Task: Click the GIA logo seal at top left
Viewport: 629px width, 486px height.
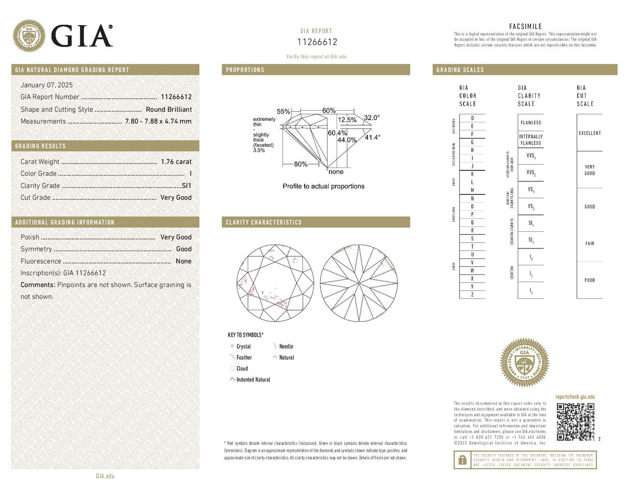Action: point(29,36)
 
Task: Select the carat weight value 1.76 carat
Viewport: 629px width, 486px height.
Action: point(176,161)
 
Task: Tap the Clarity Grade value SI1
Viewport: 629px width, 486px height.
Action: point(186,186)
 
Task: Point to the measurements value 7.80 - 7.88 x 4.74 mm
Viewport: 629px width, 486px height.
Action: point(158,121)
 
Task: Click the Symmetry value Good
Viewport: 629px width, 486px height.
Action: point(183,249)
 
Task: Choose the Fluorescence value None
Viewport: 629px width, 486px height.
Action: point(183,261)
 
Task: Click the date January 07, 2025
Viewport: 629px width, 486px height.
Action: point(46,85)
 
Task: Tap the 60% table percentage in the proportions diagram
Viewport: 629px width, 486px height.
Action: point(329,111)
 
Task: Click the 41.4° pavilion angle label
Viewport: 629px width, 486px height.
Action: point(373,137)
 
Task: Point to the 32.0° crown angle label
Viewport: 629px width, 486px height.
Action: point(372,118)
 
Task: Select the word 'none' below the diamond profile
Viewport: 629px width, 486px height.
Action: point(335,171)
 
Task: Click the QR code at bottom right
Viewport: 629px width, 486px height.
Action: point(576,421)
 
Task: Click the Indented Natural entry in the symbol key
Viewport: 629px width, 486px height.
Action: point(253,380)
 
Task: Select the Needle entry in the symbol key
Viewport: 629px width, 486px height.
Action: point(286,347)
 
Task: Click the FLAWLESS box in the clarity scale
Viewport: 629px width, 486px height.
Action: point(530,123)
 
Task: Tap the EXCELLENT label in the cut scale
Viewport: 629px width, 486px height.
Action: point(590,133)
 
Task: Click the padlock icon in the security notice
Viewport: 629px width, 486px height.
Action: point(462,460)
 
